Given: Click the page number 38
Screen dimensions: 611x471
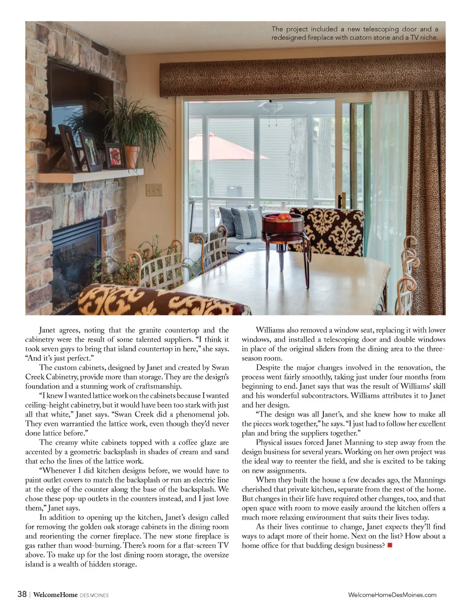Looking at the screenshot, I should [22, 594].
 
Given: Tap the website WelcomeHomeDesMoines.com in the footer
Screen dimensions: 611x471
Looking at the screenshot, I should [392, 594].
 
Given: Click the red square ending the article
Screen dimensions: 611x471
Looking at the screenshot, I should [390, 545].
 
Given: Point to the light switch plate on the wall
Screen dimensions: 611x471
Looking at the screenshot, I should [154, 189].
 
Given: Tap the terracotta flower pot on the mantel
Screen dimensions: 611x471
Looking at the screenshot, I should [132, 156].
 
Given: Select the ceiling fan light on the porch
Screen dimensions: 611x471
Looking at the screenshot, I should [270, 108].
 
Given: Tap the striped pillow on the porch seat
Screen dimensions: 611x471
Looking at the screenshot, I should [246, 222].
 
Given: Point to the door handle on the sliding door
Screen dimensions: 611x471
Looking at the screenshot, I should [340, 200].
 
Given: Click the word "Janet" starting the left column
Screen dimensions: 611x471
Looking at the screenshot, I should [47, 330].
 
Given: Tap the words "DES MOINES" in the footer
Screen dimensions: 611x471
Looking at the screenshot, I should [94, 595].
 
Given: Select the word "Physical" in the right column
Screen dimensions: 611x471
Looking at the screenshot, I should [269, 442].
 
